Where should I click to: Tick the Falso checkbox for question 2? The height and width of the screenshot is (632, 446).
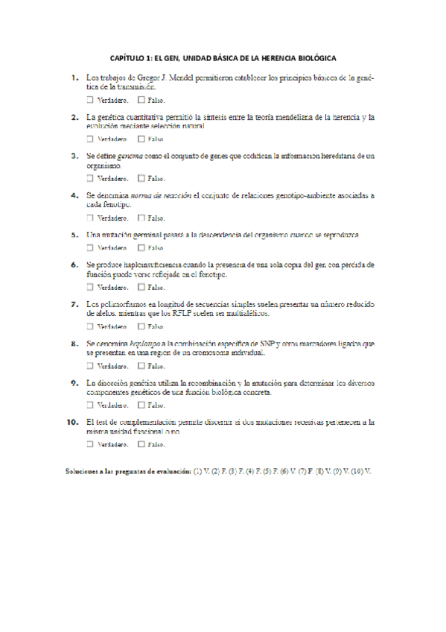[141, 139]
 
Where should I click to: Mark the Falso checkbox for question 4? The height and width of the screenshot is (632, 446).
[141, 218]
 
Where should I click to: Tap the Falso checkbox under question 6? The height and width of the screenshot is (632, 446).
[141, 287]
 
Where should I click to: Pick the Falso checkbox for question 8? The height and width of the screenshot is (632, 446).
[141, 366]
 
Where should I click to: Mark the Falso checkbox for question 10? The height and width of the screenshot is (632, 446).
[141, 444]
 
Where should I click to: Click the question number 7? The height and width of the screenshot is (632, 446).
[74, 304]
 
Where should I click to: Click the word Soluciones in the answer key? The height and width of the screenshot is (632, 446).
[81, 472]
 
